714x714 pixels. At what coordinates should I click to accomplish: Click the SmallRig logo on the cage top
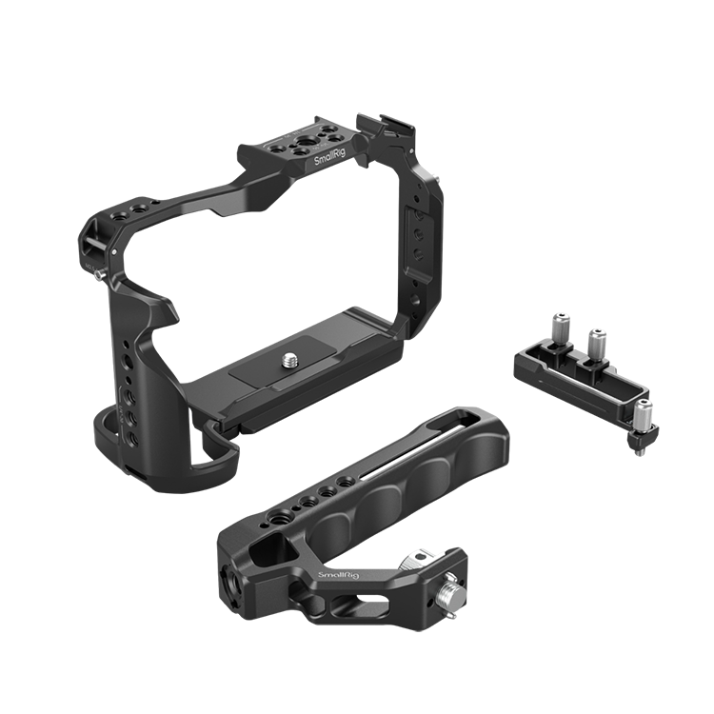pos(329,157)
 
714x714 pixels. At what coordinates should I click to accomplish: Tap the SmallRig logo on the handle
pos(338,575)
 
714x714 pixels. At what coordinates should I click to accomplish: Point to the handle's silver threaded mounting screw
pos(445,593)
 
